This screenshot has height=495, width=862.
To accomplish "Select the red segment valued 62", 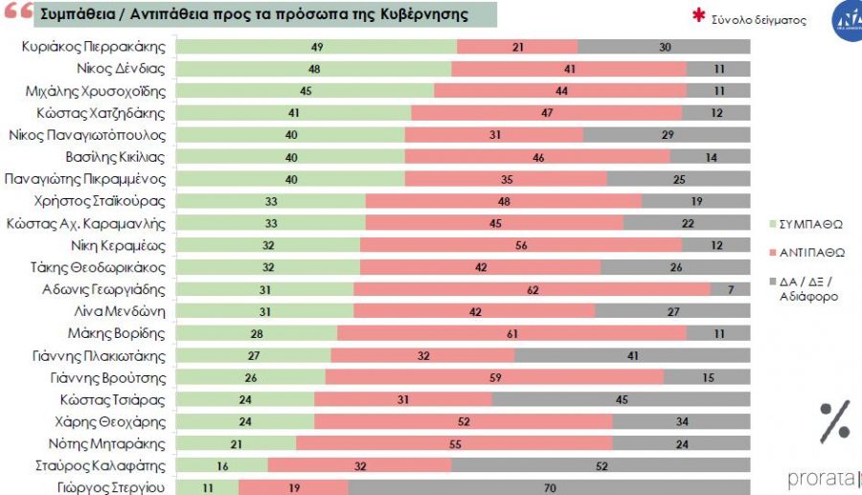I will pos(533,289).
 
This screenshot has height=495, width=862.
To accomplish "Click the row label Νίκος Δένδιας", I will pos(121,69).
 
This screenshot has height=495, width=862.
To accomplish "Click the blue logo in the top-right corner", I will pos(847,18).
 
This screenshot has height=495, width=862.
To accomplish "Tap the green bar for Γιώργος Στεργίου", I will pos(209,487).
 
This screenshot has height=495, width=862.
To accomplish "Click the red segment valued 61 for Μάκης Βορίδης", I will pos(511,333).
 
